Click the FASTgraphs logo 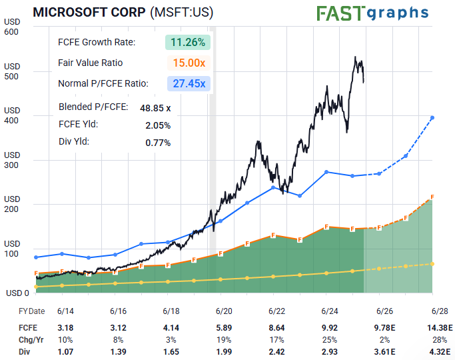(372, 13)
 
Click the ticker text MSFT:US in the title (182, 13)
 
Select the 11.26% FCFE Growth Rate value (188, 42)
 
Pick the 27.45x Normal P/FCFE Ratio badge (188, 83)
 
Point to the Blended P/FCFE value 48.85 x (155, 107)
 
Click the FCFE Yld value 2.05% (158, 125)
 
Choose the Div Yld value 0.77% (158, 142)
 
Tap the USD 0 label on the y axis (17, 293)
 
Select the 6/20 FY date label (223, 311)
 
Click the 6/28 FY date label (440, 311)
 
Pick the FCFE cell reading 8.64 (276, 327)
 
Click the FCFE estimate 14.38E (440, 327)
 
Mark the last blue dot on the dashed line (432, 118)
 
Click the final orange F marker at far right (432, 197)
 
